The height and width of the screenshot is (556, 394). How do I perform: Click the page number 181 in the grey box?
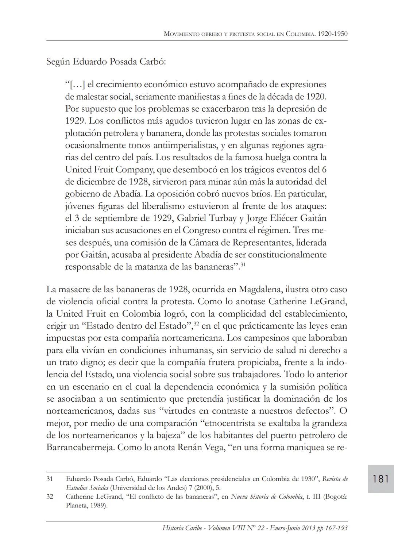[381, 479]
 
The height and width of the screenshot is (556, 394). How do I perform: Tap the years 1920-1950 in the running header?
[332, 34]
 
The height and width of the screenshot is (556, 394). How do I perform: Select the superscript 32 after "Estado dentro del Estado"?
[196, 324]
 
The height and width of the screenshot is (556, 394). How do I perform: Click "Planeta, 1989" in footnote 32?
[86, 506]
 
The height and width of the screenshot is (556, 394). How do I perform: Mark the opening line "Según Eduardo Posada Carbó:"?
[106, 62]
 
